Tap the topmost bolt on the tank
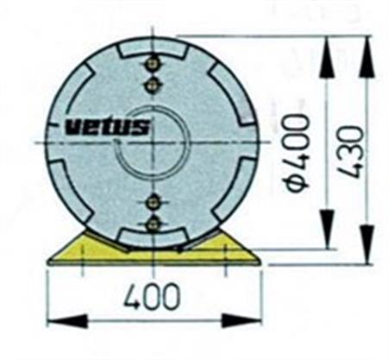point(153,64)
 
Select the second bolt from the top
point(153,83)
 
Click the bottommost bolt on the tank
point(153,224)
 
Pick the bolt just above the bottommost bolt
point(153,203)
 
